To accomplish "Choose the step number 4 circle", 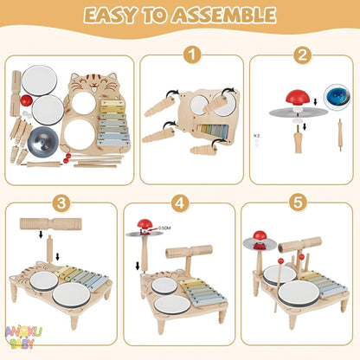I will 179,204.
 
